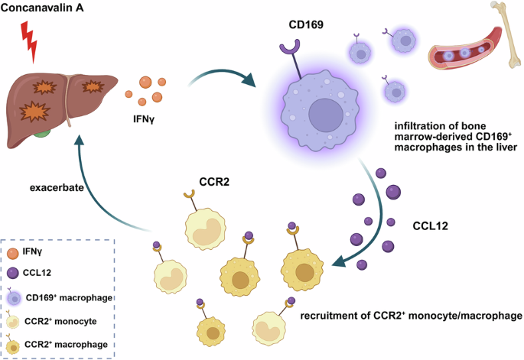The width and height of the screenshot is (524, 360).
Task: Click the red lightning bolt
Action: point(29,42)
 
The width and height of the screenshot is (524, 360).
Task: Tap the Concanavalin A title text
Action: point(42,8)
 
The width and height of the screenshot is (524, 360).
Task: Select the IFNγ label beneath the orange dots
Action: point(144,119)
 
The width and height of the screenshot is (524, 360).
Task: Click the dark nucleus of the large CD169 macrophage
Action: point(326,115)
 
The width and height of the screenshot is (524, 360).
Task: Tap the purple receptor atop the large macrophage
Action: point(290,47)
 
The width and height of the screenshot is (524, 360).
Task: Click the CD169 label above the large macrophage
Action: point(306,24)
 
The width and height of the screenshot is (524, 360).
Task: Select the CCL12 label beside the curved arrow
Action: point(430,225)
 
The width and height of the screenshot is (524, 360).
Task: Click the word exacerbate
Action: point(57,188)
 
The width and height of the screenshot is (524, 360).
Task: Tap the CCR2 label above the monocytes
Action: point(214,182)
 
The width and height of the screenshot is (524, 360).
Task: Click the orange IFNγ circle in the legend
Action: point(13,254)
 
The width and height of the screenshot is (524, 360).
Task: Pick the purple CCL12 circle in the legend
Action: point(13,273)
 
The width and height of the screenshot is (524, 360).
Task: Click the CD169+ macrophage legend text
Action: point(69,297)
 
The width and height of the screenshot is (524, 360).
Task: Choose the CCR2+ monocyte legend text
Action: point(60,321)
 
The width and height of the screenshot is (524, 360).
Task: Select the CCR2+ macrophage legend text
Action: point(66,344)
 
